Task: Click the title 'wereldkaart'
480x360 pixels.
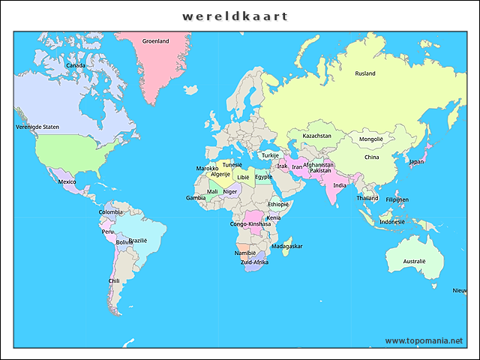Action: pyautogui.click(x=235, y=16)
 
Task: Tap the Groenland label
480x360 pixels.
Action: pyautogui.click(x=156, y=41)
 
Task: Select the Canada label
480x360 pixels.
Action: pyautogui.click(x=75, y=65)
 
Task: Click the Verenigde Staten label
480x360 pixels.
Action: pyautogui.click(x=37, y=127)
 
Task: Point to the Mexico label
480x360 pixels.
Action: pyautogui.click(x=67, y=181)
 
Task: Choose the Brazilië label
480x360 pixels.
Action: pyautogui.click(x=138, y=241)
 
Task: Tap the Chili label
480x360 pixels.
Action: pyautogui.click(x=114, y=281)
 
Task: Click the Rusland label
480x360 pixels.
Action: pyautogui.click(x=365, y=73)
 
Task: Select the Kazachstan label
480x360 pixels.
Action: pyautogui.click(x=316, y=136)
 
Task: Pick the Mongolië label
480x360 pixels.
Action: pyautogui.click(x=371, y=139)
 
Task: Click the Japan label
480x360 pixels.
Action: pyautogui.click(x=416, y=161)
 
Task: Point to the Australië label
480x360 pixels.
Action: pyautogui.click(x=414, y=261)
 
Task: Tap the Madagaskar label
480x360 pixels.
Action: pyautogui.click(x=287, y=246)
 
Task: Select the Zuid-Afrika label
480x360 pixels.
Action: pyautogui.click(x=254, y=262)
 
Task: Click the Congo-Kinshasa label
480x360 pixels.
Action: pyautogui.click(x=250, y=224)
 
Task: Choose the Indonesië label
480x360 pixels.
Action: pyautogui.click(x=392, y=222)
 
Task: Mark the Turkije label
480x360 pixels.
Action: pyautogui.click(x=270, y=155)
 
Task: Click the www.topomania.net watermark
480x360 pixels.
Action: pyautogui.click(x=424, y=340)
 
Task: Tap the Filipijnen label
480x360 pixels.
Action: pyautogui.click(x=397, y=199)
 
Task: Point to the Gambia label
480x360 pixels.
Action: pyautogui.click(x=196, y=198)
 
